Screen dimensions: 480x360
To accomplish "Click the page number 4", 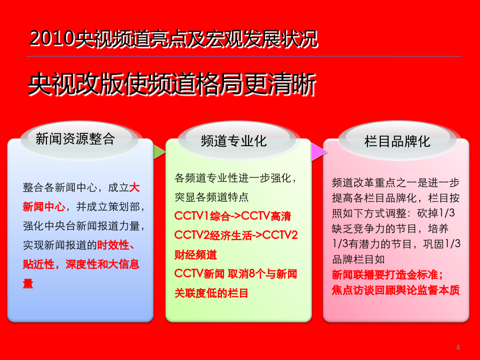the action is point(458,347).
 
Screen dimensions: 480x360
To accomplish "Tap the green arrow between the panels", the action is point(159,152).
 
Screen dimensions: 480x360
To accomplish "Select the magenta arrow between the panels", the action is point(318,152).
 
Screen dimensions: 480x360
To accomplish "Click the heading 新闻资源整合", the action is point(75,139).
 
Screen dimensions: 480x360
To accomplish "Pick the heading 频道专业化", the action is point(234,141).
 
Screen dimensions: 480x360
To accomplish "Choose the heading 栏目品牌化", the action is point(397,141).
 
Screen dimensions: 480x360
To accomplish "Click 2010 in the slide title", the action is point(52,39).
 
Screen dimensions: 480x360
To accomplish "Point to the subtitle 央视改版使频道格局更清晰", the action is point(172,84).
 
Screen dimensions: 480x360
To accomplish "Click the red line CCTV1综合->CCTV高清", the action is point(233,216).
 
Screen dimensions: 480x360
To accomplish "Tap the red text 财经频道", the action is point(196,255).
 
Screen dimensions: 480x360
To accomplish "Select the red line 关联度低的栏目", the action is point(211,293).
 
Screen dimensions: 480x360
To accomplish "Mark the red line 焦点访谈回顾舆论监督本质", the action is point(396,290).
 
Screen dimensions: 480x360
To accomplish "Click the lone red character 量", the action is point(28,283).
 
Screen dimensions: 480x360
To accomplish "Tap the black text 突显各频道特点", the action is point(212,197).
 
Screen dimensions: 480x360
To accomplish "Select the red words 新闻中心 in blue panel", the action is point(44,206).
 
